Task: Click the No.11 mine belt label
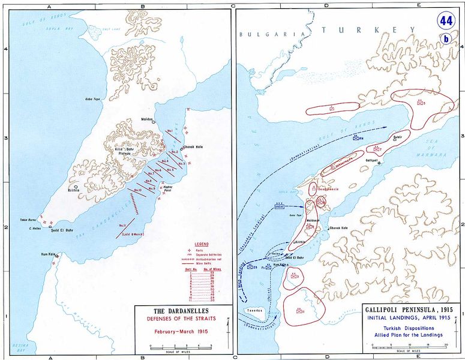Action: (122, 225)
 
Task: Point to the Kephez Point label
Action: (169, 188)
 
